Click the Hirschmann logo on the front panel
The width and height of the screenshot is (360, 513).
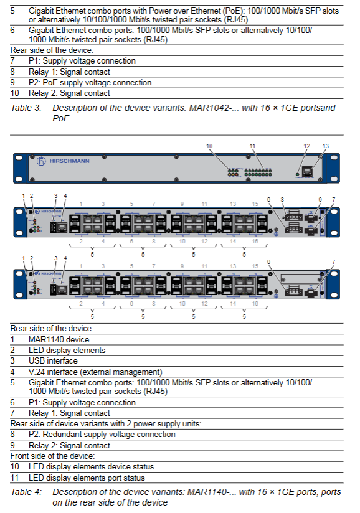point(63,161)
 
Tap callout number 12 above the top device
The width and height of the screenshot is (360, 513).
point(306,146)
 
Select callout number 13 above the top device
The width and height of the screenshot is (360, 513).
point(325,146)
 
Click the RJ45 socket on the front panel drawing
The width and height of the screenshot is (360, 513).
point(307,171)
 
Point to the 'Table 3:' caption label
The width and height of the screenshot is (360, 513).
point(26,108)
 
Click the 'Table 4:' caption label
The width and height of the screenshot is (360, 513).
point(26,492)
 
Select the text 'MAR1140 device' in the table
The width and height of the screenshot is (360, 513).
point(59,339)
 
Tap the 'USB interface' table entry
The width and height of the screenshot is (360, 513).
point(53,361)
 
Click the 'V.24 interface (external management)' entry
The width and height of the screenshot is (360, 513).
point(95,372)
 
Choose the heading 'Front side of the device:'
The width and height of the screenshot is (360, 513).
point(53,456)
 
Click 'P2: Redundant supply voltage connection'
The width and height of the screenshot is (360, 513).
point(102,435)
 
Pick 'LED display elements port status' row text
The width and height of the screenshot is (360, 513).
point(87,478)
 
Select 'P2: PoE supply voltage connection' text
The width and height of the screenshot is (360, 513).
point(90,82)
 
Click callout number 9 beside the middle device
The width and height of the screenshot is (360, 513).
point(320,200)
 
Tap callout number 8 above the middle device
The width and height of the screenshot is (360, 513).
point(282,200)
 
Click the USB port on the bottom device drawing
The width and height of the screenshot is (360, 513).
point(53,290)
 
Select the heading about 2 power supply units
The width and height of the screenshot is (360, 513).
point(106,424)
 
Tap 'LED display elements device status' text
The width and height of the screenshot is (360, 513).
point(92,466)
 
